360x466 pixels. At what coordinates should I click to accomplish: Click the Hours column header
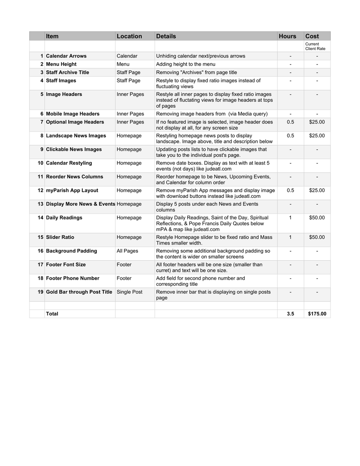click(287, 36)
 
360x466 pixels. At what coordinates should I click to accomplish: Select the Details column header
click(166, 36)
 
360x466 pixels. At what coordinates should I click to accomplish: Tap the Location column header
click(129, 36)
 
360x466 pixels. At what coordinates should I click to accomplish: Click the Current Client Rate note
click(315, 47)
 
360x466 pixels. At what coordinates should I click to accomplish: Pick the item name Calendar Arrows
click(66, 56)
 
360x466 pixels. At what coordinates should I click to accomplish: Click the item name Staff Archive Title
click(68, 72)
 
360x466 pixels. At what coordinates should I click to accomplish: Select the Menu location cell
click(123, 64)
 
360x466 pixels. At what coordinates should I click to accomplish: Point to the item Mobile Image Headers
click(73, 114)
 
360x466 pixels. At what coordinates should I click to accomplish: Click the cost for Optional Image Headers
click(317, 122)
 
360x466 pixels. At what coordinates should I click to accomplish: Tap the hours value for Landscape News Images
click(290, 136)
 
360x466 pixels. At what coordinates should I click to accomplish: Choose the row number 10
click(40, 163)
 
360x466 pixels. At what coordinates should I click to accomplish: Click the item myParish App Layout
click(72, 190)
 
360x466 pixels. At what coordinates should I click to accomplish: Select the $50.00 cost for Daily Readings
click(317, 218)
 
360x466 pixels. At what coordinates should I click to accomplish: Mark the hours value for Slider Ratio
click(290, 237)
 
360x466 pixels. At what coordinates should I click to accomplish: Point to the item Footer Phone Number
click(73, 278)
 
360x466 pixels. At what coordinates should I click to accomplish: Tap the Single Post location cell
click(129, 292)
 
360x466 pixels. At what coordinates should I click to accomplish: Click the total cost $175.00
click(317, 314)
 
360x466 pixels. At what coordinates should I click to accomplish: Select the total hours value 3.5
click(290, 314)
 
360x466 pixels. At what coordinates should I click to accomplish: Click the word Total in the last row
click(52, 314)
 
